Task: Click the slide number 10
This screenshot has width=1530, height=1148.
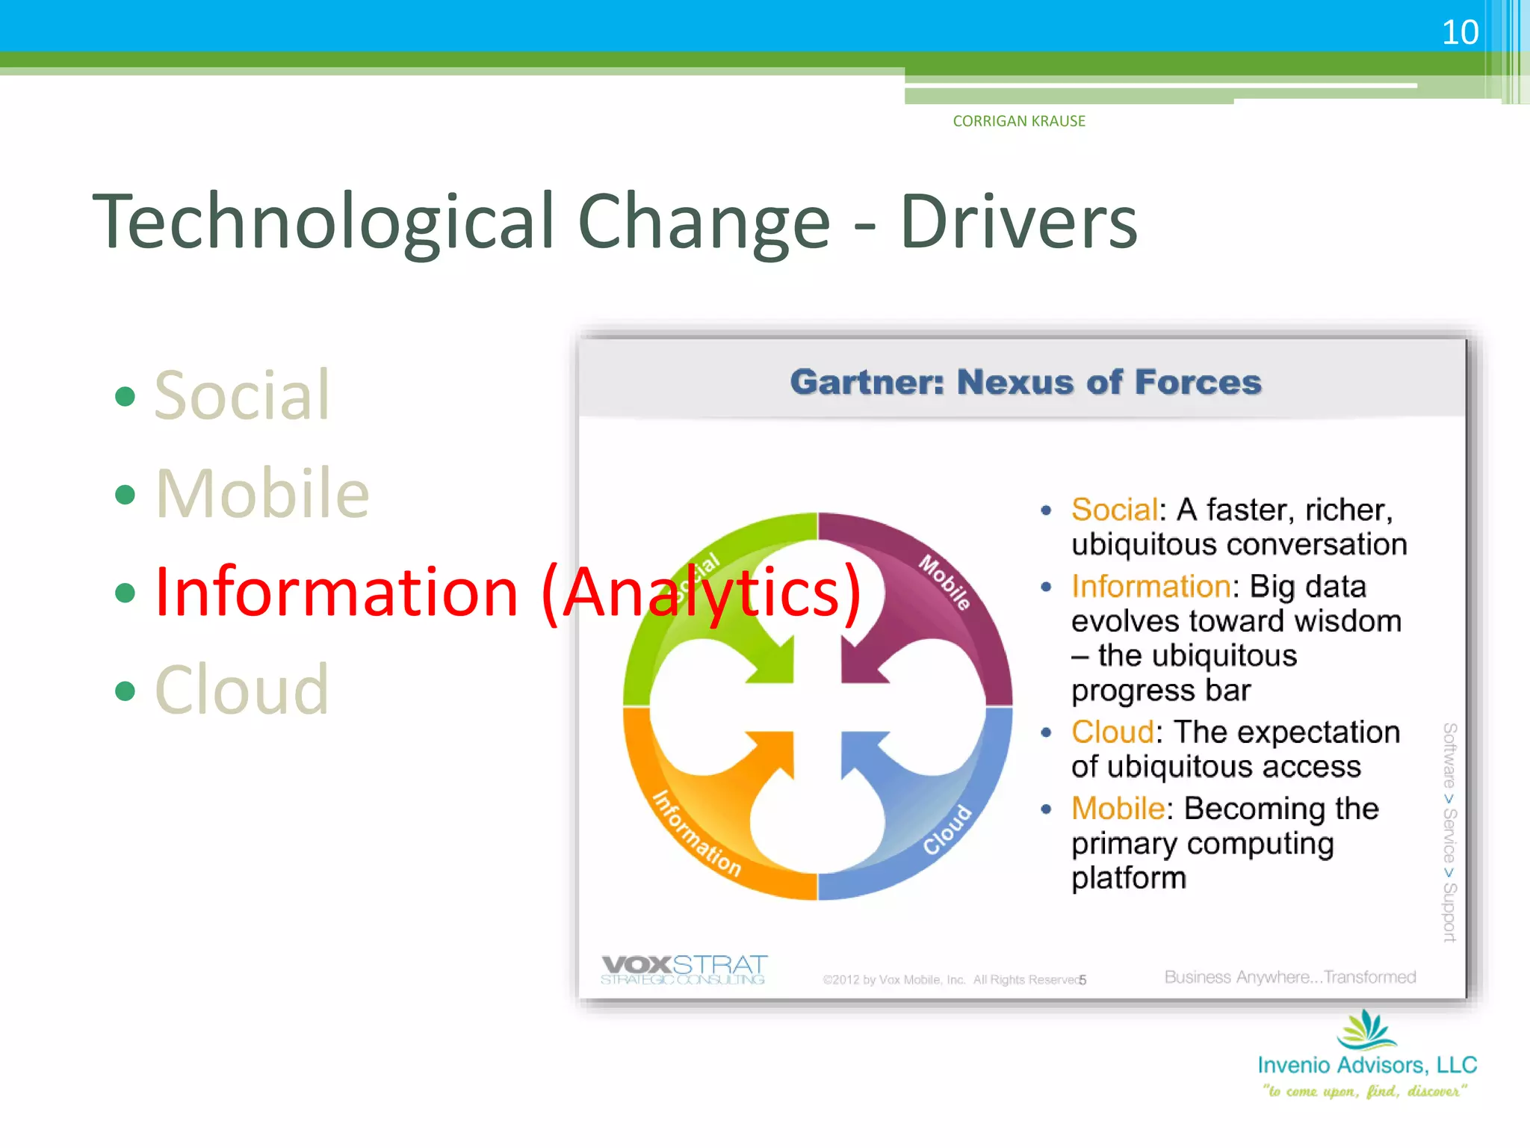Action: click(1459, 33)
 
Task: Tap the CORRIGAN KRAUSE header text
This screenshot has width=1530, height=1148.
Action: click(1018, 121)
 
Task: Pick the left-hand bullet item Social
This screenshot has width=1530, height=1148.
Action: click(241, 395)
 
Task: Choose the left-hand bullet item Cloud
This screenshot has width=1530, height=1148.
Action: click(241, 690)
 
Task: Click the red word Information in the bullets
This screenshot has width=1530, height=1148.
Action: click(336, 592)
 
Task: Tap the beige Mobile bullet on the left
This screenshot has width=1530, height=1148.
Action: click(262, 493)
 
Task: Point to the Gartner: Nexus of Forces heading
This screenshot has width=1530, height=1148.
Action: click(1026, 382)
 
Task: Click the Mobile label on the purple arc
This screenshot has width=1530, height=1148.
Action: click(944, 582)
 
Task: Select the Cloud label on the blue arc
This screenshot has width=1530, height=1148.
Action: click(947, 830)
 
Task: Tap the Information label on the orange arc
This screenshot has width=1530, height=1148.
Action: click(697, 833)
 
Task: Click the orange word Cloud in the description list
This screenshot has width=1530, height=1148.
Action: click(1112, 732)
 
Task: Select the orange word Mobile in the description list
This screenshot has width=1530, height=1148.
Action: click(1118, 809)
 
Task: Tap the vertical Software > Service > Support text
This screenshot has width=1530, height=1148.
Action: click(1449, 832)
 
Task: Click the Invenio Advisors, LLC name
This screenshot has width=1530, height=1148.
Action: click(1366, 1065)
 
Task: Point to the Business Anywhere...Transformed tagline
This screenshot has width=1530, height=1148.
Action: click(1289, 977)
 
